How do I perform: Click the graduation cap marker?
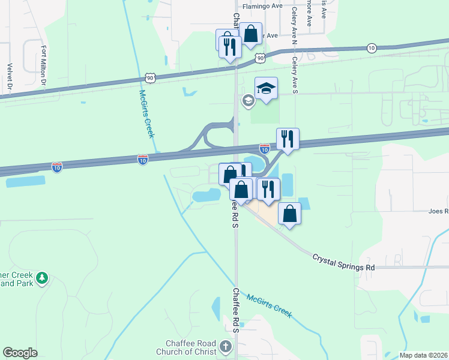click(267, 89)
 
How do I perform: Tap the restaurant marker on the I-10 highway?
click(288, 140)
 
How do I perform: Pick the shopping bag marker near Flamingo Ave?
click(251, 34)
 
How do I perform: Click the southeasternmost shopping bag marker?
click(289, 214)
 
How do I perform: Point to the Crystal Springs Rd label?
click(343, 262)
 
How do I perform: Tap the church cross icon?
click(226, 346)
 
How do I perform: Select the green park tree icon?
click(41, 278)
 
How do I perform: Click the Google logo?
click(20, 353)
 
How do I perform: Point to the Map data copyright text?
click(423, 355)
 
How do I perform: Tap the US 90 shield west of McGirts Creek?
click(151, 77)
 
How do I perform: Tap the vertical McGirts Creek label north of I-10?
click(146, 114)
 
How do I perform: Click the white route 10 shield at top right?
click(372, 48)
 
